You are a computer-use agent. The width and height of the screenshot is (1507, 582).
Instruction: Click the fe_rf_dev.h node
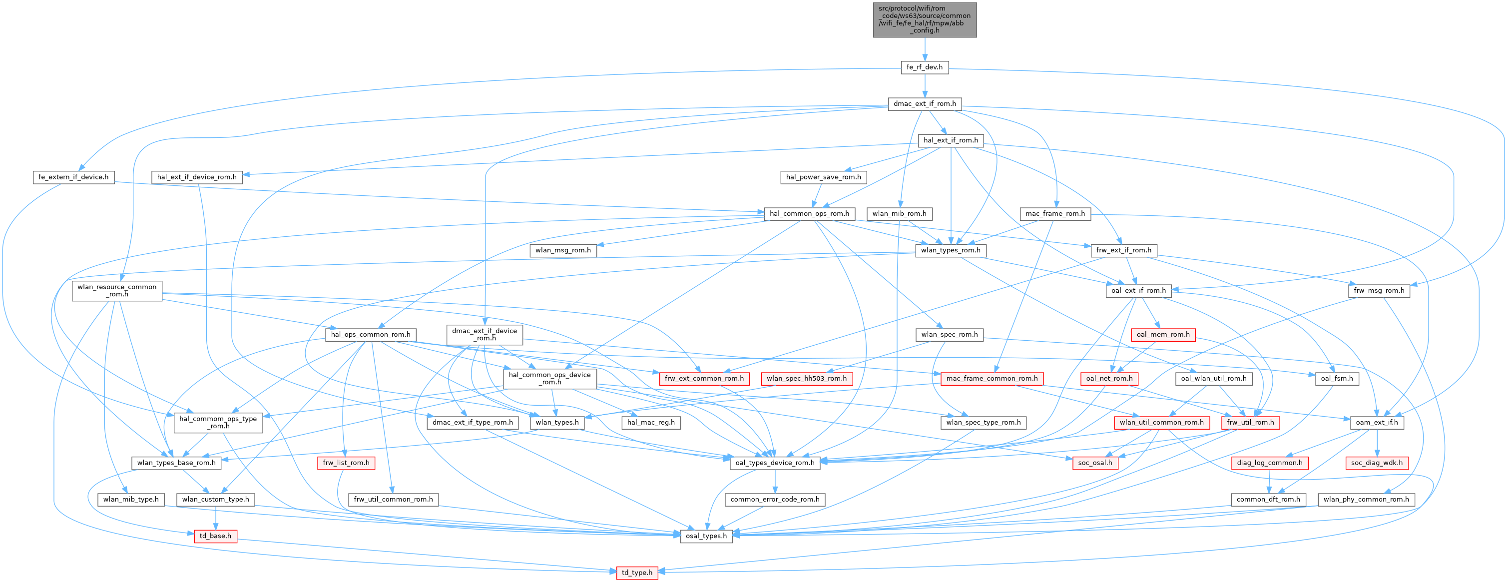[924, 67]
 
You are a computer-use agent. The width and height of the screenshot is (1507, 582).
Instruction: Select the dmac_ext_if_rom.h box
[924, 104]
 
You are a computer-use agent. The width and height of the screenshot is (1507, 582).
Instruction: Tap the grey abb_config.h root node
[924, 19]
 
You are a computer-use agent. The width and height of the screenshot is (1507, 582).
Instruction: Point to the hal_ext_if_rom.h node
[951, 140]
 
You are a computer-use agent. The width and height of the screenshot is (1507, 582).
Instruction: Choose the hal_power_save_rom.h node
[823, 177]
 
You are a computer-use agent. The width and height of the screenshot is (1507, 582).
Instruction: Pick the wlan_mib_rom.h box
[899, 213]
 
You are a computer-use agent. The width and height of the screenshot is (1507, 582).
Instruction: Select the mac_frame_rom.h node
[1055, 213]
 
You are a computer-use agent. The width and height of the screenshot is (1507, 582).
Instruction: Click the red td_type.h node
[636, 573]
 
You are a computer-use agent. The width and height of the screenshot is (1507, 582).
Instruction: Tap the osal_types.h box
[706, 536]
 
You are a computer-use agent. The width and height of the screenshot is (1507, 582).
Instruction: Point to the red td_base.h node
[215, 536]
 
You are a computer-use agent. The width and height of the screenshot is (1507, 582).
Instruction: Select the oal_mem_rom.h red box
[1163, 335]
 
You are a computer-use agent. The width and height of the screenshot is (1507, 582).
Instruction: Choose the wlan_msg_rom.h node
[563, 250]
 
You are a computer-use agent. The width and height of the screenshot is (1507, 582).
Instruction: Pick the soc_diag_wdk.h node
[1377, 463]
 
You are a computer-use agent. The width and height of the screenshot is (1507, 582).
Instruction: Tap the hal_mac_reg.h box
[650, 422]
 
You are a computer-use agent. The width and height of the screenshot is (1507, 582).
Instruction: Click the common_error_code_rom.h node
[775, 500]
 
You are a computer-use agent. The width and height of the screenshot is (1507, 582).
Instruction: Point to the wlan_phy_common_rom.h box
[1366, 500]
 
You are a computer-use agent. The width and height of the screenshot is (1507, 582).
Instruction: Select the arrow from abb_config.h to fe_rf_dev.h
[924, 49]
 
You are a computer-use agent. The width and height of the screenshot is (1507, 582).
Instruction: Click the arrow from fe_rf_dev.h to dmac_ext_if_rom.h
[924, 85]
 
